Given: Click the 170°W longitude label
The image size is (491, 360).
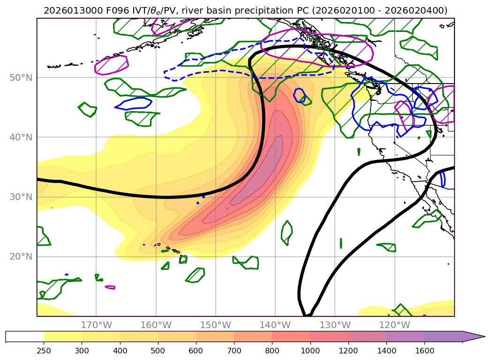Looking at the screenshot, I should (x=96, y=325).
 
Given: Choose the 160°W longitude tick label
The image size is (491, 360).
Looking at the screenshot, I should (x=156, y=325).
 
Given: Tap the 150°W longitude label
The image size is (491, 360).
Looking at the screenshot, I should (x=215, y=325).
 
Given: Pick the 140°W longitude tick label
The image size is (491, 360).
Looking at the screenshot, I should (x=275, y=325).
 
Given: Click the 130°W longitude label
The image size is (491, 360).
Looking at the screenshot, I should (x=334, y=325).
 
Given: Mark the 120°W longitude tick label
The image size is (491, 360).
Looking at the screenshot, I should (x=394, y=325).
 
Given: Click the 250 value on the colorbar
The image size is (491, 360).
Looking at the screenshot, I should (x=44, y=350).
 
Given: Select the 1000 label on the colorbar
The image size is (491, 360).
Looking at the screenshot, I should (x=310, y=350).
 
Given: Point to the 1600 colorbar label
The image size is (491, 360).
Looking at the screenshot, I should (x=424, y=350).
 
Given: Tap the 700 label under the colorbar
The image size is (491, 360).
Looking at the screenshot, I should (x=234, y=350).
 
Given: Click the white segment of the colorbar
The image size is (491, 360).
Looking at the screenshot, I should (x=24, y=337).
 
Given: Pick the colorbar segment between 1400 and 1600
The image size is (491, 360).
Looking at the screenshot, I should (x=405, y=337).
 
